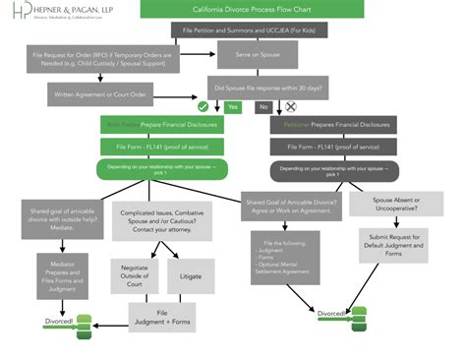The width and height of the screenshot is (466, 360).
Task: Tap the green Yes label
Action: [x=233, y=106]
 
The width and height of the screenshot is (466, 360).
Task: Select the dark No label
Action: [x=262, y=106]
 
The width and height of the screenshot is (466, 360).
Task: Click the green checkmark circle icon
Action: [x=204, y=106]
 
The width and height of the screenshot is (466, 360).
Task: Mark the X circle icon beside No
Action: [x=290, y=106]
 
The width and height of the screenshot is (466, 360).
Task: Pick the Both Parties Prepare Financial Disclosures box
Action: [x=162, y=125]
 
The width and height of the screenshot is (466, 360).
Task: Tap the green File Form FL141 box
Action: [x=162, y=146]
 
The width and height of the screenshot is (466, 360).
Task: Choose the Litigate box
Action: [x=191, y=276]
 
